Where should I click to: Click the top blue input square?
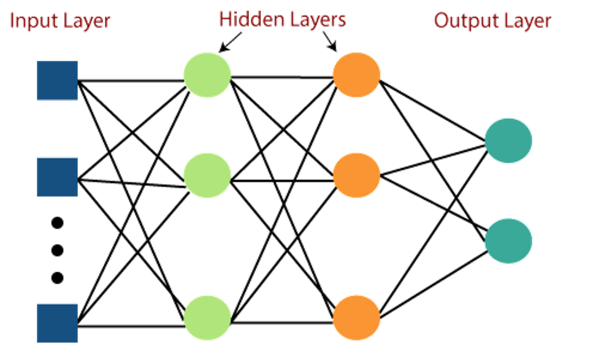57,80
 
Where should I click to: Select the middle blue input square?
57,177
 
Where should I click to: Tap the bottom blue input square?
57,323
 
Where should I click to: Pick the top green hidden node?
207,75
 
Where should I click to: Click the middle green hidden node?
207,175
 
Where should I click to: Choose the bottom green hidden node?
207,318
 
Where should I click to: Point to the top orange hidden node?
356,75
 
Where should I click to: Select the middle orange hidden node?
356,175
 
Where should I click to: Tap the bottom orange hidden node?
356,318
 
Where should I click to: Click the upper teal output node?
508,140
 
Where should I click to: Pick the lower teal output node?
508,241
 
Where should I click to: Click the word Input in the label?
32,21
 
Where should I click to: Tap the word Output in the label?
462,21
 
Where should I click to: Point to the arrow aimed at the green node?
230,42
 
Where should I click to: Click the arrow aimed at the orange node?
330,41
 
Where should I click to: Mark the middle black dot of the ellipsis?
57,250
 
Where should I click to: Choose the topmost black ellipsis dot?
57,223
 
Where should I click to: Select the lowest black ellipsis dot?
57,278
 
